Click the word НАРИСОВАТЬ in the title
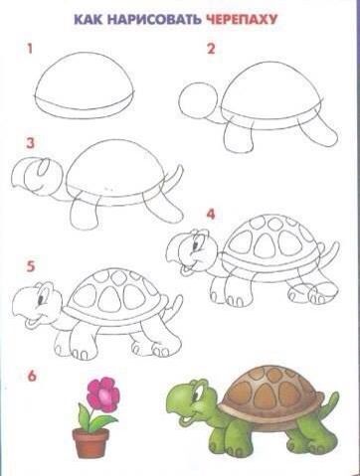pyautogui.click(x=153, y=19)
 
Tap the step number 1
pyautogui.click(x=31, y=47)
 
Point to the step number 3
pyautogui.click(x=31, y=143)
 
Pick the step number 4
pyautogui.click(x=211, y=214)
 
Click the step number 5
pyautogui.click(x=31, y=266)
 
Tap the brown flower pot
pyautogui.click(x=90, y=440)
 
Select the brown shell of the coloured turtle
pyautogui.click(x=270, y=392)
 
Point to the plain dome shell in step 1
pyautogui.click(x=87, y=83)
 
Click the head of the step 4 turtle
pyautogui.click(x=187, y=248)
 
